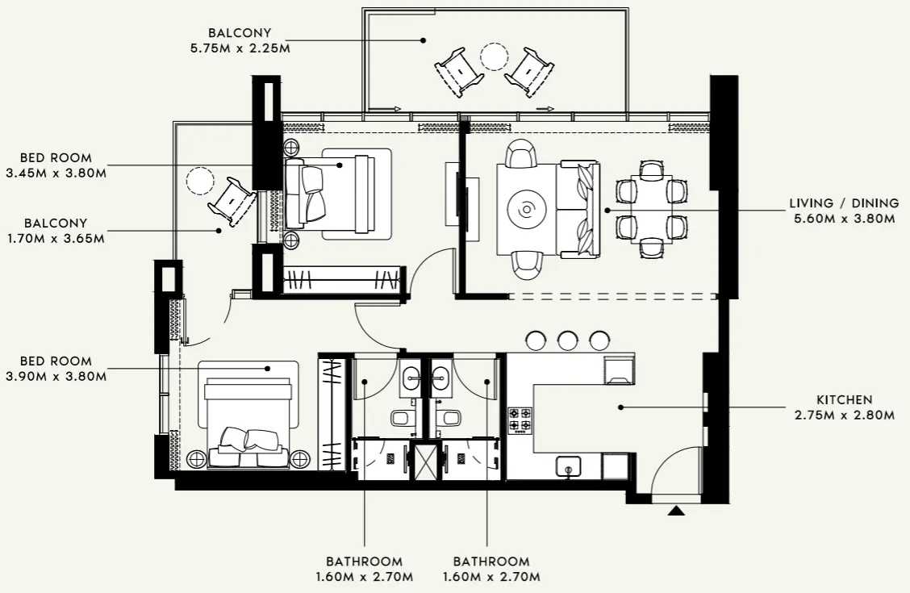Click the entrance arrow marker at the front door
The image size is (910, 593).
coord(676,509)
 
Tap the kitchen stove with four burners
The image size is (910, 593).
coord(520,420)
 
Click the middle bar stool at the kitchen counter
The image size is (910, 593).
coord(568,340)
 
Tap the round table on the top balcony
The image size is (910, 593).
coord(494,56)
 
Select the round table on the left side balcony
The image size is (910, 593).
coord(199,180)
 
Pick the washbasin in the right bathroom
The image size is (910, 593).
coord(440,375)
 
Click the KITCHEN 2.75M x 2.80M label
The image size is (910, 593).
coord(844,407)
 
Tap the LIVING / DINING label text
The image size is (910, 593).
coord(844,203)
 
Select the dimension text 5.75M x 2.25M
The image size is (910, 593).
coord(239,48)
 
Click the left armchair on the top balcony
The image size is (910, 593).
coord(459,71)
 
